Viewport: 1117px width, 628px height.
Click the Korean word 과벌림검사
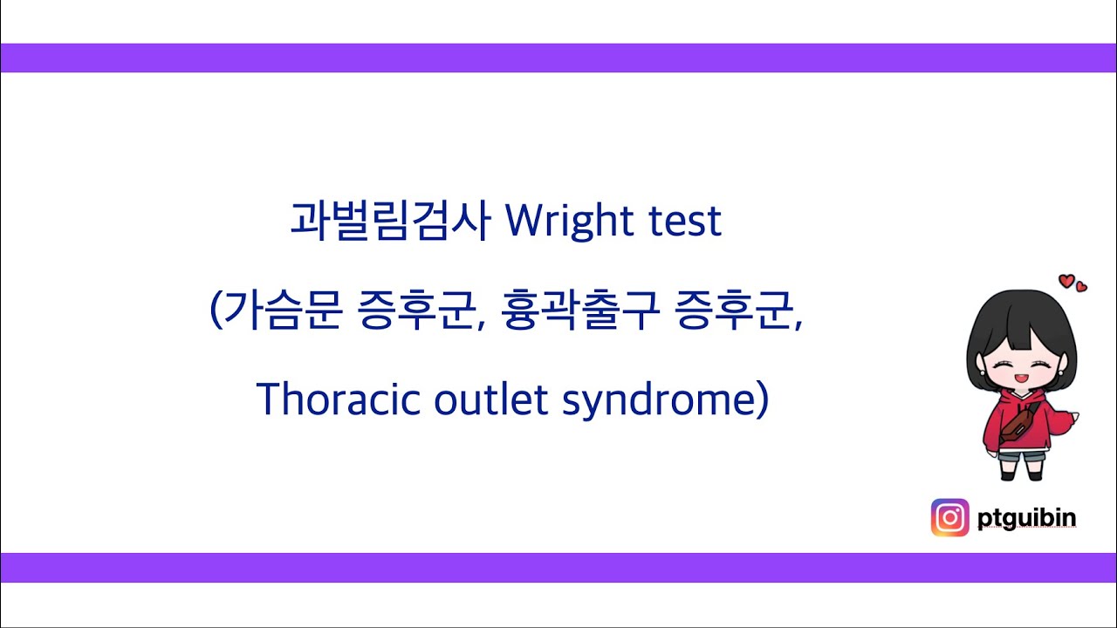pos(391,222)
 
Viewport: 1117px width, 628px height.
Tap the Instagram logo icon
pos(949,517)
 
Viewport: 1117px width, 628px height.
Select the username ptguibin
pos(1026,518)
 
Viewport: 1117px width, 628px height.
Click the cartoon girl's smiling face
pos(1021,366)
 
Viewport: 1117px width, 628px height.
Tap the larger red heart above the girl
pos(1066,281)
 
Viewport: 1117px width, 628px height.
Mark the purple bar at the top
pos(558,58)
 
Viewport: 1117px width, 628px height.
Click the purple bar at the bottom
pos(558,567)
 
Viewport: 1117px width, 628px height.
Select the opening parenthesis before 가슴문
pos(216,312)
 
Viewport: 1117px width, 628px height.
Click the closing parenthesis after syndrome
pos(763,401)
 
